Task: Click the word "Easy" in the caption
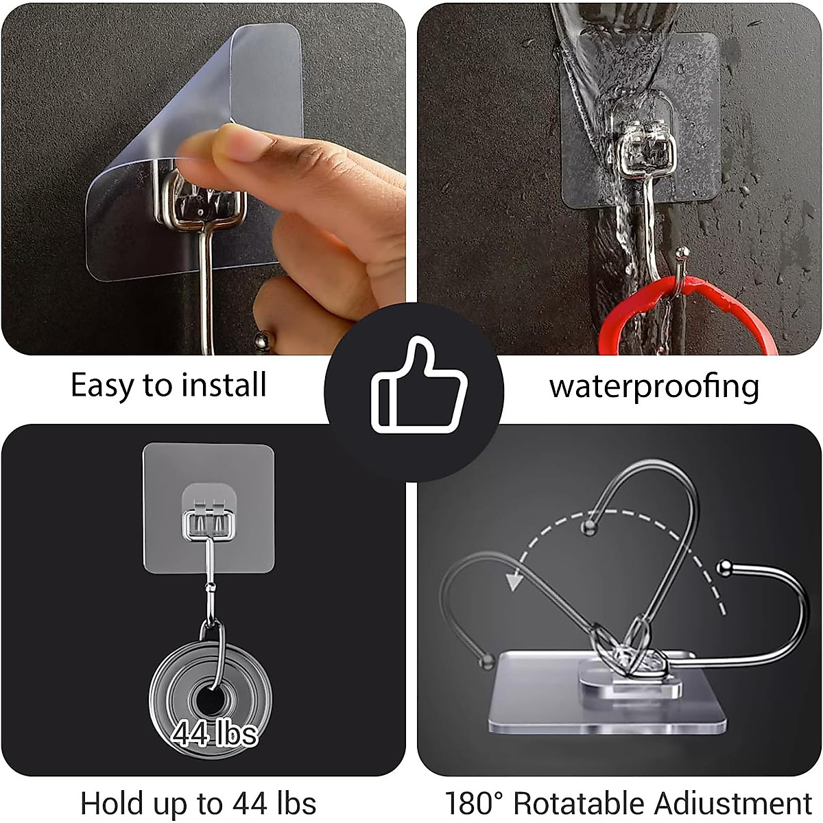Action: coord(103,385)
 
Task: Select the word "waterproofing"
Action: coord(654,386)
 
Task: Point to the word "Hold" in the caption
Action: coord(112,803)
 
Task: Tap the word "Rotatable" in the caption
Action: coord(579,803)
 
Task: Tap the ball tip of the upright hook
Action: coord(587,527)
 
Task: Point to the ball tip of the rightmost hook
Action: coord(721,567)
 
